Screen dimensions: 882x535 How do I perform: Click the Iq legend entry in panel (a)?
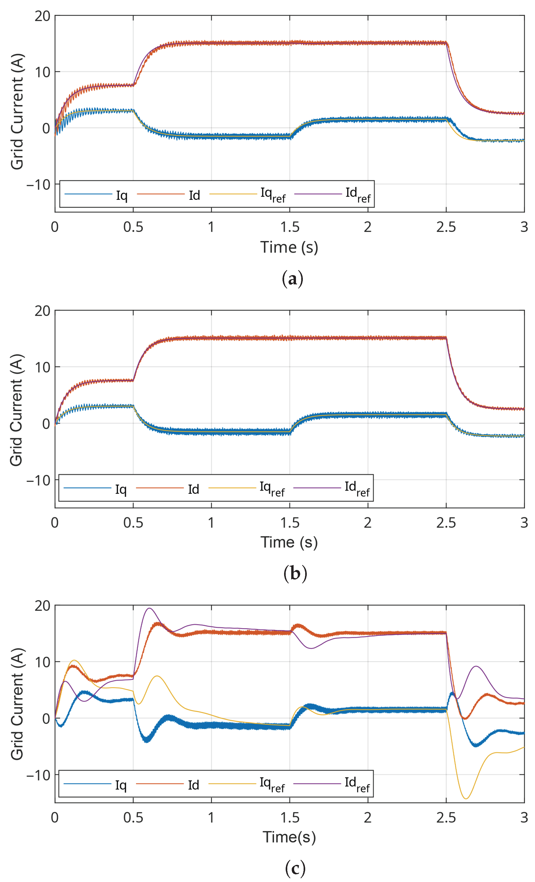click(x=121, y=195)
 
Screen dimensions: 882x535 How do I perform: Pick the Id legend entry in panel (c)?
click(x=193, y=785)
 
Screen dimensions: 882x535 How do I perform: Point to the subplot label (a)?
click(x=292, y=279)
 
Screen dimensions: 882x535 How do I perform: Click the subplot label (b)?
click(x=295, y=573)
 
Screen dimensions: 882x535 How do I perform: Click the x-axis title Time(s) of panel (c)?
click(x=289, y=837)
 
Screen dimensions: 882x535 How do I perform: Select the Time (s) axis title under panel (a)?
click(x=289, y=247)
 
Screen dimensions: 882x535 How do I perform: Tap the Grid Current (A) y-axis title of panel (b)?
click(x=17, y=410)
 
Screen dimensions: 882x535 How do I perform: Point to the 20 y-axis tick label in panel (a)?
click(x=42, y=16)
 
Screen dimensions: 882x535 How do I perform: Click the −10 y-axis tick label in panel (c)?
click(x=38, y=775)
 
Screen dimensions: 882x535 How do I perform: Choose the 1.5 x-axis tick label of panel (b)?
click(x=290, y=523)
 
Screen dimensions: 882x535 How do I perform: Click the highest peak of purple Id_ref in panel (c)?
click(x=149, y=608)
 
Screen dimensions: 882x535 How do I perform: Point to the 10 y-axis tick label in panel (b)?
click(x=42, y=367)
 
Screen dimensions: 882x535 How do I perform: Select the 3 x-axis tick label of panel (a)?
click(x=524, y=227)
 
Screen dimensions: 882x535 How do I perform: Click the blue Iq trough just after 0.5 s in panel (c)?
click(x=147, y=741)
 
